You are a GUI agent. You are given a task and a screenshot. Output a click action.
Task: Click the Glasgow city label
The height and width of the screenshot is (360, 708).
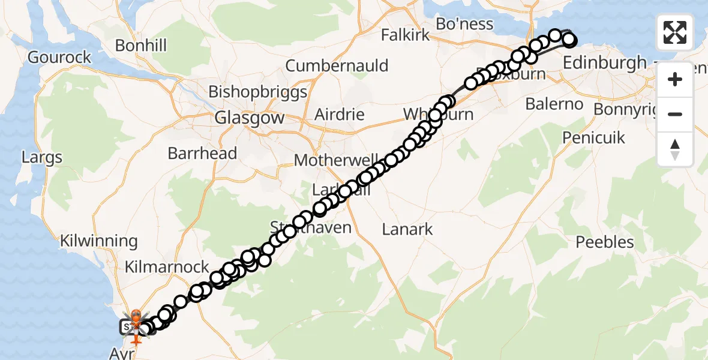tap(250, 118)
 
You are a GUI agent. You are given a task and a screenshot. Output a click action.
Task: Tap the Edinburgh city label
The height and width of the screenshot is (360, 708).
tap(604, 62)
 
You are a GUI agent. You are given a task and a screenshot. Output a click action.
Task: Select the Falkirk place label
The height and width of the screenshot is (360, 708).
tap(406, 35)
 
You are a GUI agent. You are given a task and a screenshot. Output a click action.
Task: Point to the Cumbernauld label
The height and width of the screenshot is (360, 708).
tap(337, 65)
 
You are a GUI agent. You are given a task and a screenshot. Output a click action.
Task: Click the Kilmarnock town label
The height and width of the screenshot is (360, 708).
tap(167, 266)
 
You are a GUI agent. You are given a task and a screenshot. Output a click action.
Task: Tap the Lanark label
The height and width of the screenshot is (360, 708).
tap(407, 229)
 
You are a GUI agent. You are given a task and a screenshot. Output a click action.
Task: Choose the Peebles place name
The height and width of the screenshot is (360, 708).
tap(605, 242)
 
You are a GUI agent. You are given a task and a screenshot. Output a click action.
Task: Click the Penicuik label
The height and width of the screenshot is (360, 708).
tap(593, 137)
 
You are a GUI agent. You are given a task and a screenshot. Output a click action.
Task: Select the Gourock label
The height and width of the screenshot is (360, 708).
tap(59, 58)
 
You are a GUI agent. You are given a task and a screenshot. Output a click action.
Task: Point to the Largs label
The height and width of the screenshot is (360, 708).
tap(42, 158)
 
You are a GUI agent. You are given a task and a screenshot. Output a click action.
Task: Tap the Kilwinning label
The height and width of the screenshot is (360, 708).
tap(98, 241)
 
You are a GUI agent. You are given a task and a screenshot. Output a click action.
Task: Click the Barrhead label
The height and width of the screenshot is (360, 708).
tap(202, 153)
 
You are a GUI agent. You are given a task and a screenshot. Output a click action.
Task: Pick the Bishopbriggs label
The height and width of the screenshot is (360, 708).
tap(257, 92)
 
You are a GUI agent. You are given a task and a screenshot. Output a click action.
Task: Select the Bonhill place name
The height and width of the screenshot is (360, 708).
tap(140, 46)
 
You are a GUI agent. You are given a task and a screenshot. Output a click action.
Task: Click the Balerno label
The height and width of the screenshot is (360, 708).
tap(554, 104)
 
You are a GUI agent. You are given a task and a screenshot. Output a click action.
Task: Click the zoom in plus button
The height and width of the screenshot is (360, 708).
tap(675, 79)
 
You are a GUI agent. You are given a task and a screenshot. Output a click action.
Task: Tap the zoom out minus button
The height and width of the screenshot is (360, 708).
tap(675, 114)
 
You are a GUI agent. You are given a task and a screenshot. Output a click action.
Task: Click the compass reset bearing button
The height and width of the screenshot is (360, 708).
tap(675, 149)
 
